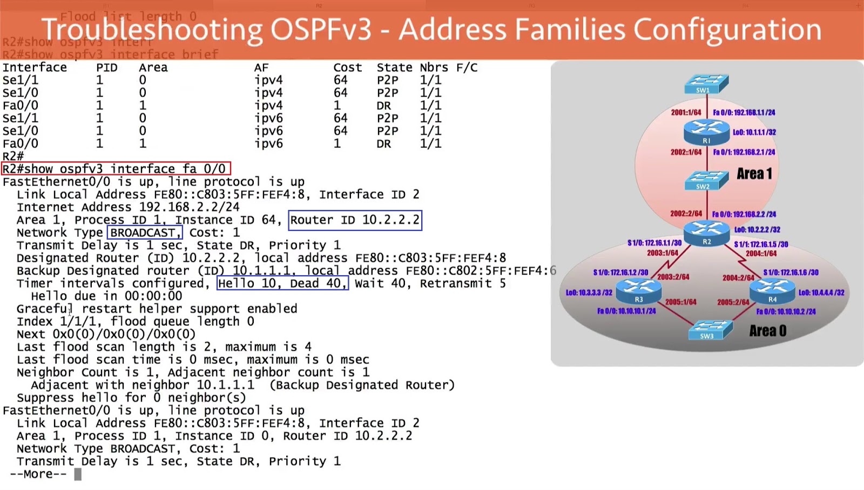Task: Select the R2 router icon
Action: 706,233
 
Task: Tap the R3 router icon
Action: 639,290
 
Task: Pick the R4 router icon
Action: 773,290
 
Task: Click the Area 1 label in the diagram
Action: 754,174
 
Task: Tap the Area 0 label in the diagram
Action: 767,331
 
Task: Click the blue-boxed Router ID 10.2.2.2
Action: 355,220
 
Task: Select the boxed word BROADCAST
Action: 144,233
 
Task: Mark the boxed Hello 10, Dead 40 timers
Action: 282,283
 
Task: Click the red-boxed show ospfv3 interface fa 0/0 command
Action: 116,169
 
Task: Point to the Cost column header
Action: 347,67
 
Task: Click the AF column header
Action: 261,67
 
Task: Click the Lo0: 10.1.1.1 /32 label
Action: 754,132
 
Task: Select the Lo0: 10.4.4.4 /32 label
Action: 821,292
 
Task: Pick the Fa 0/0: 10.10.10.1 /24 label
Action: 626,311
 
